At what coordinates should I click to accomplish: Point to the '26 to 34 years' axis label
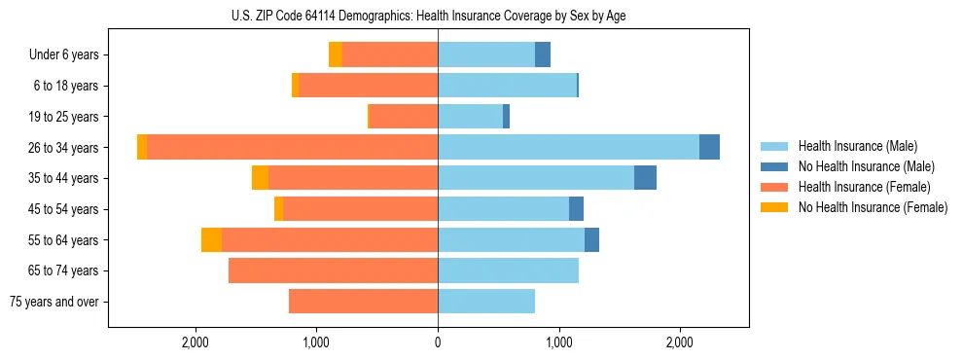click(62, 148)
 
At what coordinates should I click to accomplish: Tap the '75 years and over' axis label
click(54, 302)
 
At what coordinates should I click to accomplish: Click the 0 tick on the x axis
click(438, 342)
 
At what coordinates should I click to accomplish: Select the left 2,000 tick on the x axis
click(196, 342)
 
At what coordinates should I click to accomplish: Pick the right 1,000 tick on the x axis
click(558, 342)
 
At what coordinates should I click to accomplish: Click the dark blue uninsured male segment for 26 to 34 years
click(709, 147)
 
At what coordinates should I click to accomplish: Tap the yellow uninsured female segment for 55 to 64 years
click(211, 239)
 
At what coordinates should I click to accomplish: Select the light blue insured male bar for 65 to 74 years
click(508, 270)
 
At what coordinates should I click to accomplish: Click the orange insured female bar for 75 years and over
click(363, 302)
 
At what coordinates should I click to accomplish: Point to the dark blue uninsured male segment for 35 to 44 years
click(645, 178)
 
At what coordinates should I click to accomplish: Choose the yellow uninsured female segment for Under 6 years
click(336, 55)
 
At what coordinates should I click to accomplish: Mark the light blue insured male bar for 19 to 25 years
click(470, 117)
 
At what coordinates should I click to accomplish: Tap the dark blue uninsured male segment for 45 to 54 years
click(576, 209)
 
